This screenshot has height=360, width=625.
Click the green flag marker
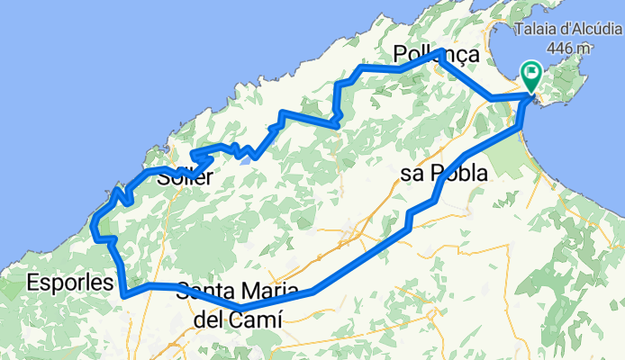pos(530,75)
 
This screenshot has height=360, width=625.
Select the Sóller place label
pos(185,177)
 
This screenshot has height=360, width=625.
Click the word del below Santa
pos(209,319)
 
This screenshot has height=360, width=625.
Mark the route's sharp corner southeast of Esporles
pos(123,293)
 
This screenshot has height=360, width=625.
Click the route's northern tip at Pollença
pos(439,52)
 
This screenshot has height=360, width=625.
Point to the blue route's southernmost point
pos(241,309)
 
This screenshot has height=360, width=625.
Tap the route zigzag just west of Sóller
pos(122,193)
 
